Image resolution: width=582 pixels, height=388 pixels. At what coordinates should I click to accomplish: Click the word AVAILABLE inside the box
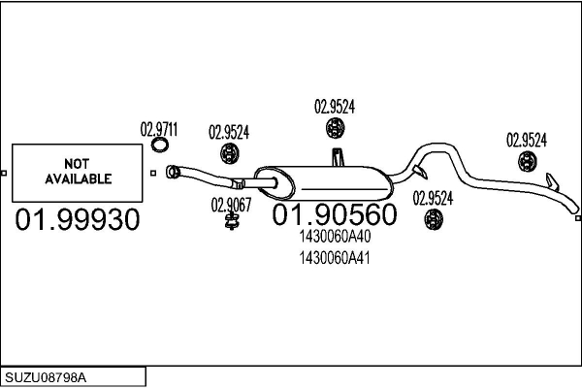coord(79,178)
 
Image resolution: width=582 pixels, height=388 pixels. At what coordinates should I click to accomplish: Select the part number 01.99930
coord(79,220)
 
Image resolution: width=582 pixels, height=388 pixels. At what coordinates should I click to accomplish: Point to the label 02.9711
coord(160,128)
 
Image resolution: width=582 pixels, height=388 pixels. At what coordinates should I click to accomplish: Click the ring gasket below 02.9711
coord(161,145)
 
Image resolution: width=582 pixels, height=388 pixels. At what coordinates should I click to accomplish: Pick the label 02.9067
coord(232,204)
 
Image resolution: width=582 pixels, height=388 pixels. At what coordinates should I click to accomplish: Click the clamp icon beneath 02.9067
coord(232,223)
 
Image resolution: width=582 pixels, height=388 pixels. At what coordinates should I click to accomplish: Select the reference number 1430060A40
coord(335,236)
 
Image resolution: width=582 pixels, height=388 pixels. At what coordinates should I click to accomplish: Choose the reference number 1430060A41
coord(335,257)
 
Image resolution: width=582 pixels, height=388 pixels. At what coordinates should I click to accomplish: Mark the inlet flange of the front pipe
coord(172,173)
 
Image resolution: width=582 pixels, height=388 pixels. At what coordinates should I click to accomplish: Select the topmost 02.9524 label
coord(335,108)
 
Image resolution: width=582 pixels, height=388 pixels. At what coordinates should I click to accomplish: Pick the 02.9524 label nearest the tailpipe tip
coord(527,140)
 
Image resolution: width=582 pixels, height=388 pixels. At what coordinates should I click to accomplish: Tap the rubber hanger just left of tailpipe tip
coord(527,161)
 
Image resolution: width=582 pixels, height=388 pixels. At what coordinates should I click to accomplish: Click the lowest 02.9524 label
coord(433,198)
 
